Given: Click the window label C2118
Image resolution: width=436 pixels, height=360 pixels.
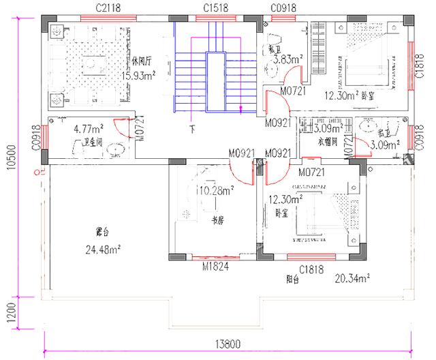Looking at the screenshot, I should pos(108,7).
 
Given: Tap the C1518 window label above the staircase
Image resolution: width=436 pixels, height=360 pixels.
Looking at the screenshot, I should pos(216,7).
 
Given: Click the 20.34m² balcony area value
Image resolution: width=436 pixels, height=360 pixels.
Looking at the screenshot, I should pos(352,278).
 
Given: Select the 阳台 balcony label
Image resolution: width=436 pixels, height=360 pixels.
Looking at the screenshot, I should pos(294,280).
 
